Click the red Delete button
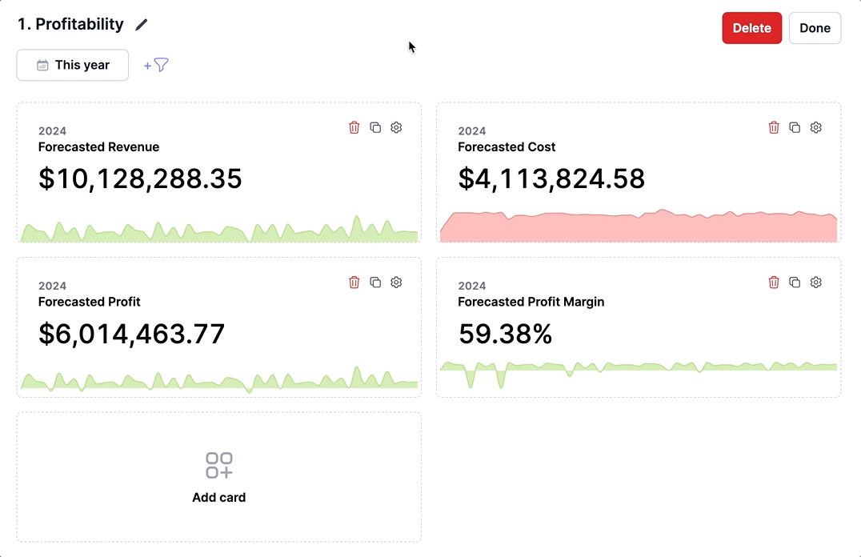pos(751,28)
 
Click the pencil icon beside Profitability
pos(142,25)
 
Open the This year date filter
pos(73,65)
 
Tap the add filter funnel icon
pos(157,65)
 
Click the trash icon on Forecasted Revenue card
pos(354,127)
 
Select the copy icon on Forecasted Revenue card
pos(375,127)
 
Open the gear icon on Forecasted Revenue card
pos(396,127)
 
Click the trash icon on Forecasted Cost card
pos(774,127)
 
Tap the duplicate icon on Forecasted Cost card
pos(795,127)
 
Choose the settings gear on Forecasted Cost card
pos(815,127)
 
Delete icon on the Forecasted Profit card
pos(354,282)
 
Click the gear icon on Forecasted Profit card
pos(396,282)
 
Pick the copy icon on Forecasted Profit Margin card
pos(795,282)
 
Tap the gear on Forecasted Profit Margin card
pos(815,282)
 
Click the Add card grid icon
pos(219,465)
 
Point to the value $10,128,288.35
pos(140,178)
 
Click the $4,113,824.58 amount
pos(551,178)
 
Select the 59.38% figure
pos(505,334)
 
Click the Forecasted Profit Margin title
pos(531,302)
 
